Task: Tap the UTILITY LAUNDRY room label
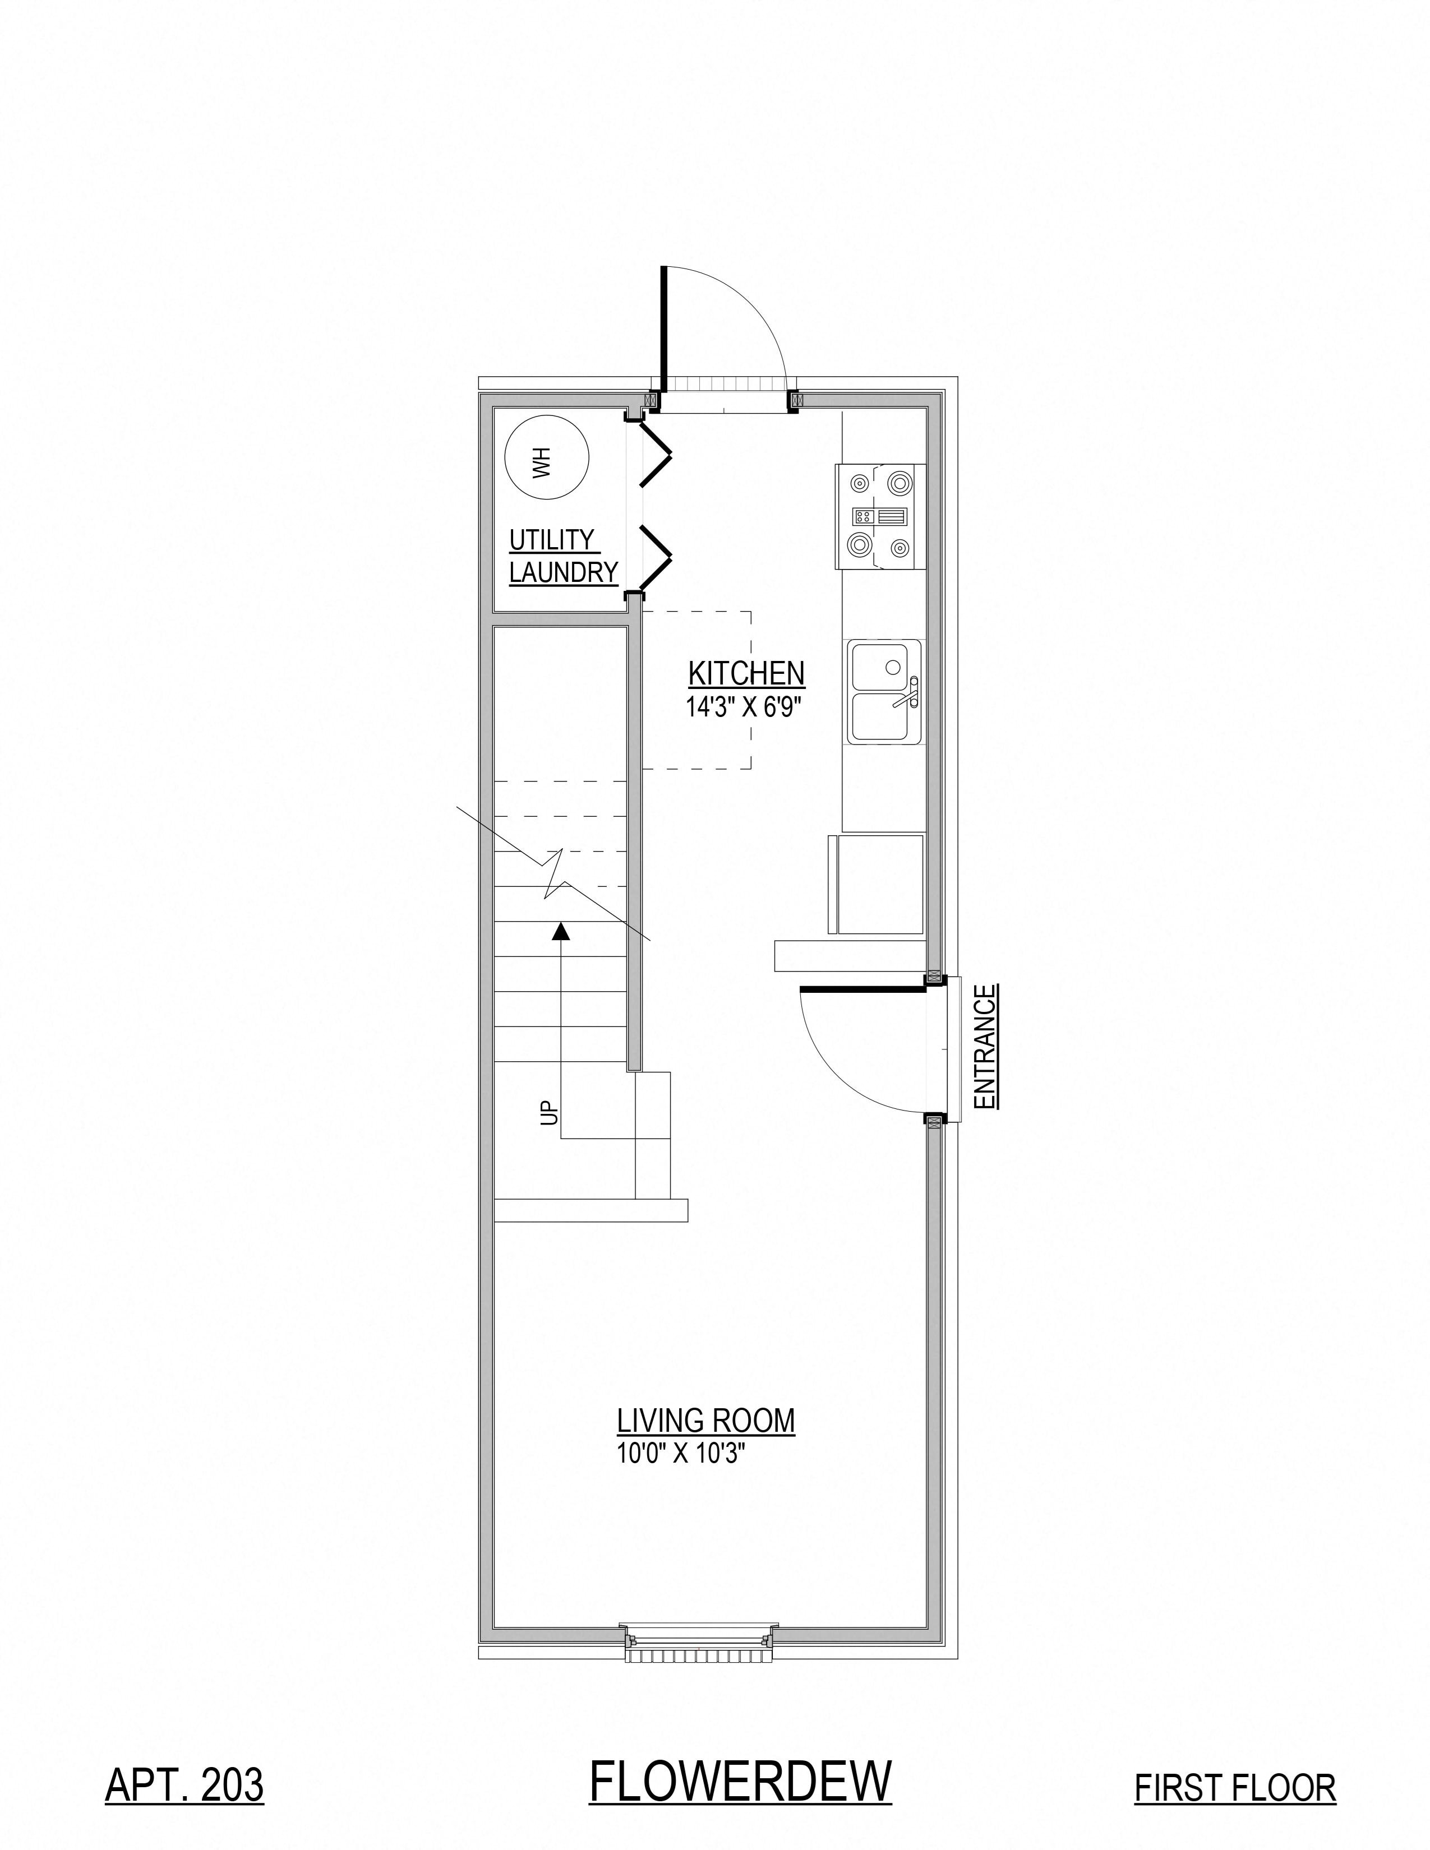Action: pos(562,556)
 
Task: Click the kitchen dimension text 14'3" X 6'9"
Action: pos(744,707)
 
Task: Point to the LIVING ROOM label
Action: pos(705,1419)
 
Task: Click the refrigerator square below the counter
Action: pos(879,884)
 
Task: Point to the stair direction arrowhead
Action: pos(560,932)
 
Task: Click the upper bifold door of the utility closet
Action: pos(655,455)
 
